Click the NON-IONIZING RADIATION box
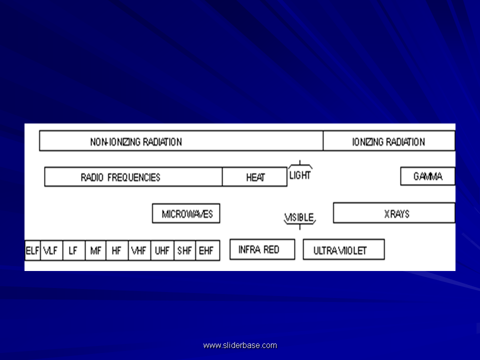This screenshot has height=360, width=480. click(x=181, y=141)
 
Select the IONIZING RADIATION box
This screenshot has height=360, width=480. click(x=389, y=141)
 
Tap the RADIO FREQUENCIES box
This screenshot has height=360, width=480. click(x=133, y=176)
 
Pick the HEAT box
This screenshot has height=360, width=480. click(x=254, y=176)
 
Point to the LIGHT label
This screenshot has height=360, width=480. click(x=300, y=175)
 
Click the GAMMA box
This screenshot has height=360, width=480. click(x=427, y=176)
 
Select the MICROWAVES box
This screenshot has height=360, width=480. click(x=186, y=213)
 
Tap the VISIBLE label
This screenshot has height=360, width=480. click(x=299, y=217)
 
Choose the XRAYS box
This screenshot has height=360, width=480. click(x=394, y=213)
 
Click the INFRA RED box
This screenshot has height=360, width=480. click(x=262, y=249)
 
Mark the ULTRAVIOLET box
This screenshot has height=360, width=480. click(x=344, y=250)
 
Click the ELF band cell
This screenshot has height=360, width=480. click(x=32, y=250)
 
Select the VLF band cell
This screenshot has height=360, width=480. click(x=51, y=250)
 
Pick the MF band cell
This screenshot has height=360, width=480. click(x=95, y=250)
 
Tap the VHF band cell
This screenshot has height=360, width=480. click(x=139, y=250)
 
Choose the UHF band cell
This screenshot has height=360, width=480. click(x=162, y=250)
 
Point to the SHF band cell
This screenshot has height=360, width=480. click(x=185, y=250)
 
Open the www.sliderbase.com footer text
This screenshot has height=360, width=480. click(x=240, y=345)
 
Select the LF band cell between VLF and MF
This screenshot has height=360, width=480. click(x=74, y=250)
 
